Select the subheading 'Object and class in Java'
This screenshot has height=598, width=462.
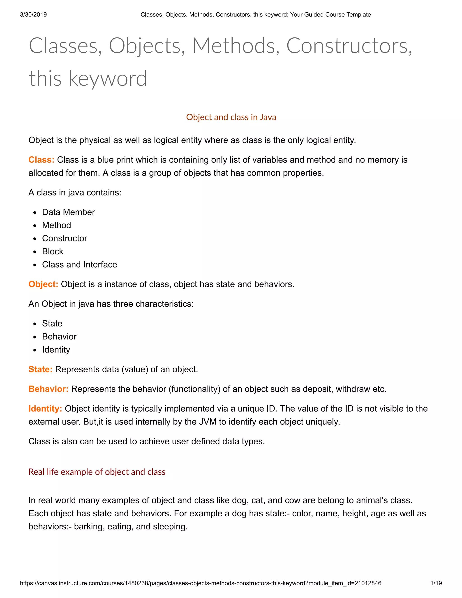[231, 117]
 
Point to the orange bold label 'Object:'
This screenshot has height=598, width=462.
[43, 284]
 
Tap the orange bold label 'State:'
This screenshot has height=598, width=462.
[40, 369]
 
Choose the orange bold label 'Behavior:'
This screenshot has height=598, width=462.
[48, 389]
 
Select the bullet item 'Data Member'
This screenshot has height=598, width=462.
[68, 212]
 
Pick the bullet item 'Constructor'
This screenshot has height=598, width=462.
[65, 239]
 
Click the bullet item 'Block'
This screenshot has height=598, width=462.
[53, 251]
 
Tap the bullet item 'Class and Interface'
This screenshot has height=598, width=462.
[79, 264]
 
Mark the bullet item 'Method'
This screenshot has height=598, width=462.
[56, 225]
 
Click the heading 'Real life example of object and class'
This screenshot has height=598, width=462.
[97, 472]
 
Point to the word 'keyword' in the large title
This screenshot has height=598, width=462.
[108, 79]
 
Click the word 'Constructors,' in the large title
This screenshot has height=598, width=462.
[349, 46]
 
